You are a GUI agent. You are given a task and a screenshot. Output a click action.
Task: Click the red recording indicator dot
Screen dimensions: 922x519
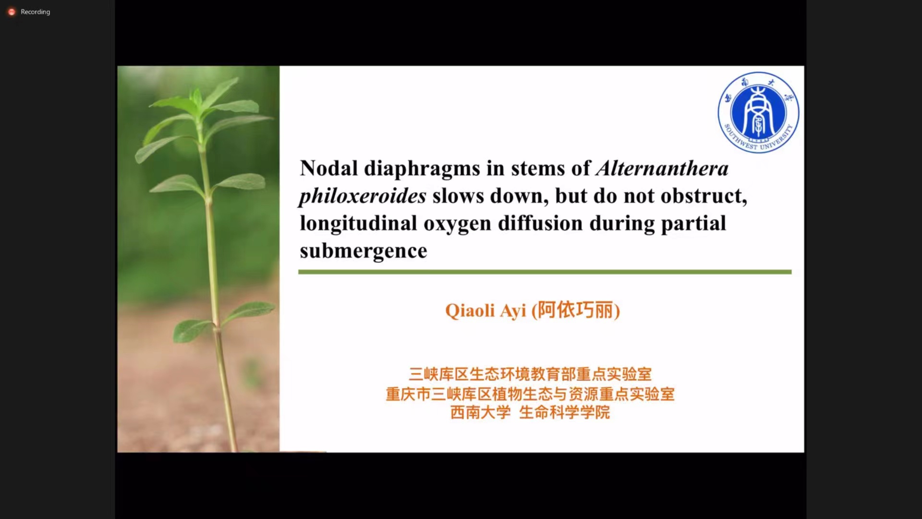[x=12, y=12]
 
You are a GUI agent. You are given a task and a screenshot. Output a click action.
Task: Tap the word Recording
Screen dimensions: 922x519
[x=35, y=12]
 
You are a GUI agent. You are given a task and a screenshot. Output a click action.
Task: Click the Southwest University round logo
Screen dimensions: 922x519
[x=758, y=112]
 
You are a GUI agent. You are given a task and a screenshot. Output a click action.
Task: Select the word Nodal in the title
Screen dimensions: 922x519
[x=329, y=168]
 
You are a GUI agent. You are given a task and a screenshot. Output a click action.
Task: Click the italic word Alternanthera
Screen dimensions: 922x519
[x=662, y=168]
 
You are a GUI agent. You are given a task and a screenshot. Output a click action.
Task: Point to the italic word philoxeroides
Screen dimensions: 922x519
[x=363, y=196]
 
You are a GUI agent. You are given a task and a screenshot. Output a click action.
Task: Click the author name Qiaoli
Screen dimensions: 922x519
[x=470, y=310]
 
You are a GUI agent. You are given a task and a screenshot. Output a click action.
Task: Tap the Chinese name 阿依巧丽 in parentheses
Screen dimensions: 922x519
[x=575, y=310]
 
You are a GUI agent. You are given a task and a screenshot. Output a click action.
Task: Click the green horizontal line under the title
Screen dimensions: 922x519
[x=545, y=272]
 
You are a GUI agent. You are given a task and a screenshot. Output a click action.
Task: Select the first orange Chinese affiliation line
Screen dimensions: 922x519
[x=530, y=374]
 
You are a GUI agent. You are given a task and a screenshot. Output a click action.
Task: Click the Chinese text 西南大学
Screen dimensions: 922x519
[x=480, y=412]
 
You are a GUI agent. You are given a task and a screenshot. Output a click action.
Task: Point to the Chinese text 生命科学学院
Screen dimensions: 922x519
[x=564, y=412]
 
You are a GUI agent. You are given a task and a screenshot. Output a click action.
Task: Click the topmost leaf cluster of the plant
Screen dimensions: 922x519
[x=202, y=103]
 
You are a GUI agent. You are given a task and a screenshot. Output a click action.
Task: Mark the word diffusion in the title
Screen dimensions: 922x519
[x=540, y=223]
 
